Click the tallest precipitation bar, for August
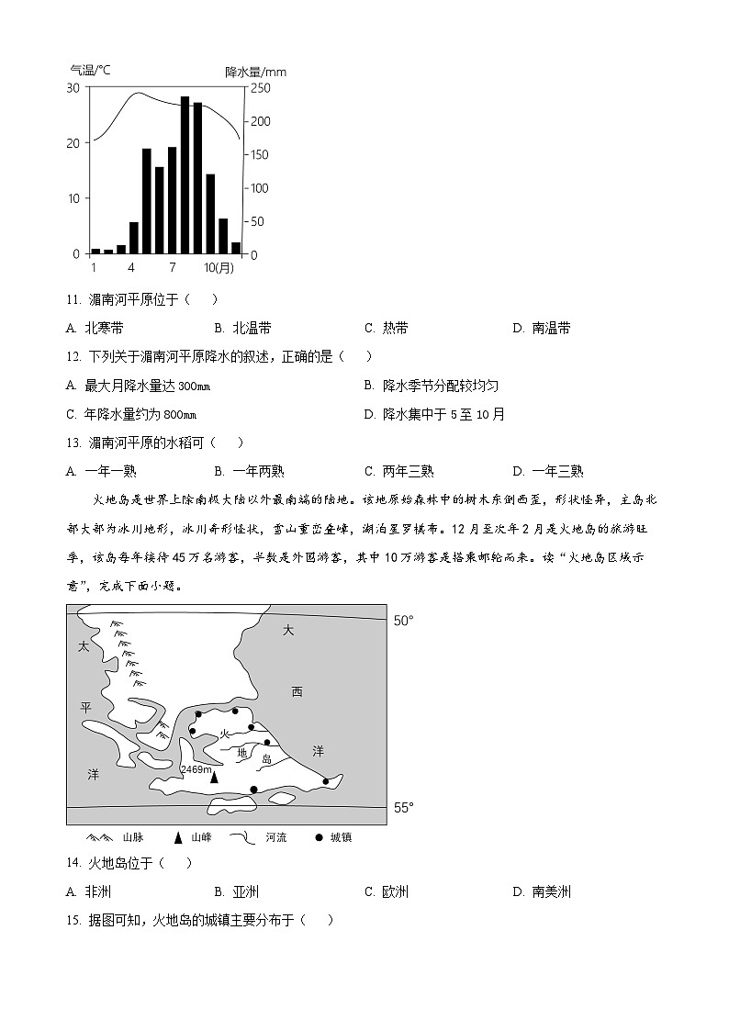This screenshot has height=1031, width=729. click(185, 174)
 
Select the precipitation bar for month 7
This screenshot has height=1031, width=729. click(172, 200)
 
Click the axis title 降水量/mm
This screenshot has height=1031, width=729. click(255, 72)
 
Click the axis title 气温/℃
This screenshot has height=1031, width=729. click(91, 70)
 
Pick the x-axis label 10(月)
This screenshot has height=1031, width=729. click(219, 267)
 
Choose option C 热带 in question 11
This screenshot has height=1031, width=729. click(387, 328)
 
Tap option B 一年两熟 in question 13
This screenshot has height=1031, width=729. click(249, 471)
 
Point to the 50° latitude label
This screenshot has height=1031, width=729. click(403, 621)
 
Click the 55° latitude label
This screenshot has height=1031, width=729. click(403, 808)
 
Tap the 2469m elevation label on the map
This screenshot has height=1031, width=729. click(196, 769)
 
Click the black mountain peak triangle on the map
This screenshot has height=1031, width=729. click(214, 779)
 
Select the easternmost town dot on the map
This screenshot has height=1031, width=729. click(326, 782)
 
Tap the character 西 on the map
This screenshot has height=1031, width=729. click(297, 691)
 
